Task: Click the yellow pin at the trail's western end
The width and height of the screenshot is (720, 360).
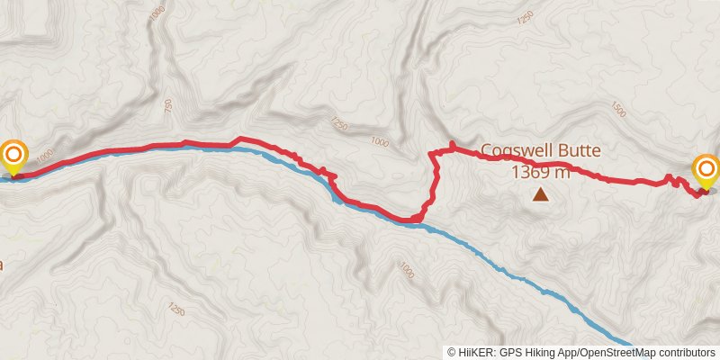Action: coord(13,157)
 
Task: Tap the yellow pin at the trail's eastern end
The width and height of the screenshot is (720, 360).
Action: coord(706,170)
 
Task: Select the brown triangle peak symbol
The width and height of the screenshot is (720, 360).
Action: coord(540,193)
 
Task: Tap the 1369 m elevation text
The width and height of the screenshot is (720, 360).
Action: coord(541,171)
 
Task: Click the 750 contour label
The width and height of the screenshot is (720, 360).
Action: coord(167,106)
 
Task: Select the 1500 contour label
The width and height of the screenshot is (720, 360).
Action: coord(618,109)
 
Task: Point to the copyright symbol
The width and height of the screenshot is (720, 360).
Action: coord(452,352)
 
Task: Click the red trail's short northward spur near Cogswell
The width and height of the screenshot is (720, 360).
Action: coord(450,147)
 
